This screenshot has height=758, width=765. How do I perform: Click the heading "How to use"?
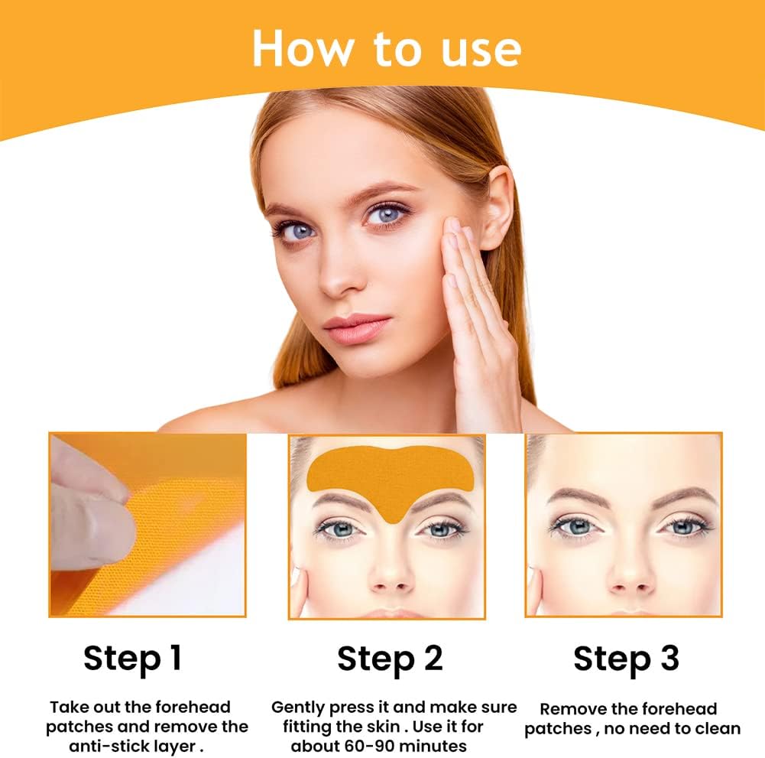[x=387, y=48]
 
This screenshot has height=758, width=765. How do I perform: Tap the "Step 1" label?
[x=133, y=658]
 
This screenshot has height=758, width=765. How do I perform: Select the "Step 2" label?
[x=390, y=659]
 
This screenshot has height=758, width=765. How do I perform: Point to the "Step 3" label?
[x=626, y=659]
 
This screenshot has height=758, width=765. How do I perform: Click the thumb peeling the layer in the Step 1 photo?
[x=92, y=525]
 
